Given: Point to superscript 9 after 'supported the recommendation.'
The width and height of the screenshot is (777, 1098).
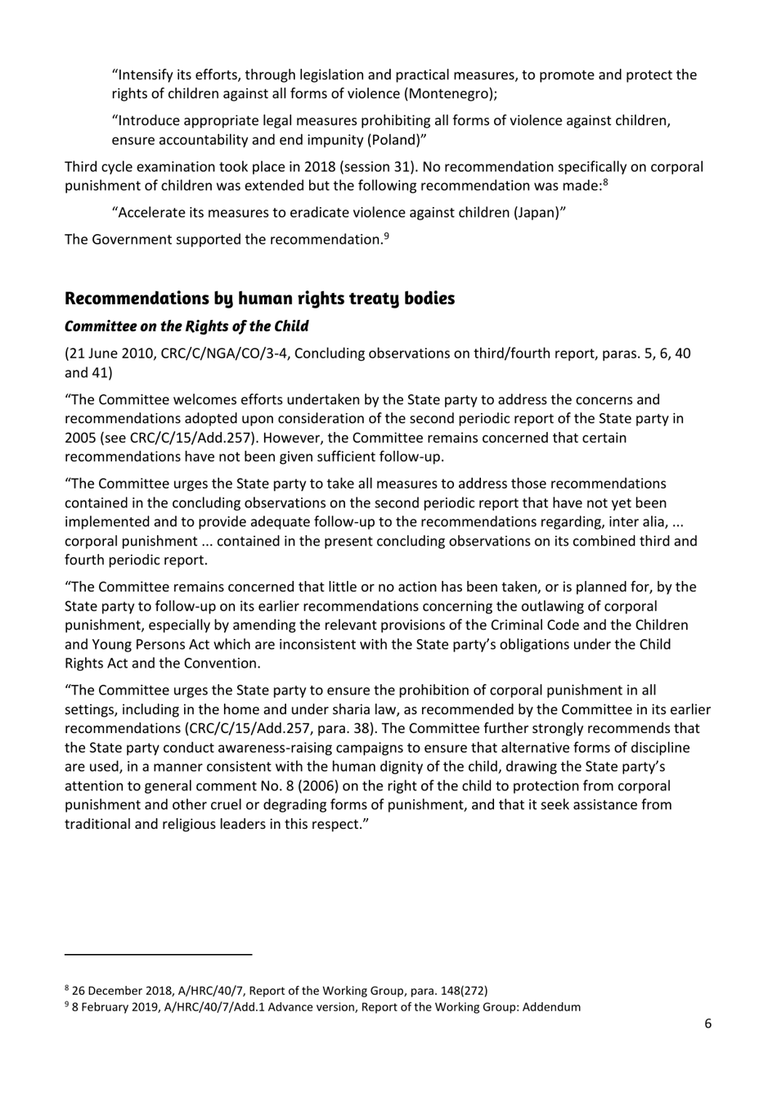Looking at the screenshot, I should (x=386, y=236).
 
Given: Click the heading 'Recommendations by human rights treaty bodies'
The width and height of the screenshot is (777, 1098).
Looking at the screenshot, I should (x=259, y=298).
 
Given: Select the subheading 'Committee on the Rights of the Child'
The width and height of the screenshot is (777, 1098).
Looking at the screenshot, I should (x=186, y=326).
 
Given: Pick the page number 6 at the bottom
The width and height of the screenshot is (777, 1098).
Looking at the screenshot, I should (x=708, y=1024).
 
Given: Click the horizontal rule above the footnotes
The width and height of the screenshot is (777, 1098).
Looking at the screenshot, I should (x=159, y=954).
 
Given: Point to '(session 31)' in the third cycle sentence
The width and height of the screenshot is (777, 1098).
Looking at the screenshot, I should (x=377, y=167).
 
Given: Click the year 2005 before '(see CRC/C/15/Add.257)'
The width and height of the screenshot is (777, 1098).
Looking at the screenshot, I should (x=80, y=438).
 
